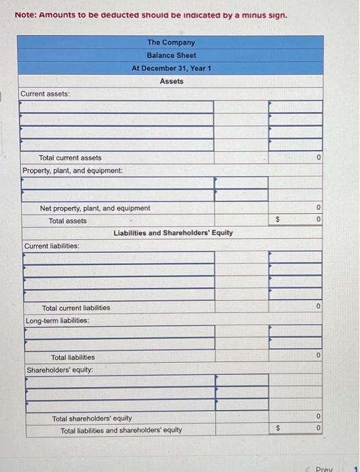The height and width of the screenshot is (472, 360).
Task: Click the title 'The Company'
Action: click(171, 42)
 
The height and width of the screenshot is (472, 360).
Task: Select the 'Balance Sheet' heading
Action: click(171, 55)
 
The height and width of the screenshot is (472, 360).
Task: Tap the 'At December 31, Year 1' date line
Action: click(171, 68)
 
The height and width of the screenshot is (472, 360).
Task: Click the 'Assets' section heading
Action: click(171, 81)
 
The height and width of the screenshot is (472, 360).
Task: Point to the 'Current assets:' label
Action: click(45, 94)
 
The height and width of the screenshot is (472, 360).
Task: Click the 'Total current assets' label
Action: click(70, 158)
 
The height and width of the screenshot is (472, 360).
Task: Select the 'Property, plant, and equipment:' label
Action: click(73, 171)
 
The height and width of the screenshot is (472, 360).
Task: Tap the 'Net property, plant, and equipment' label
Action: click(95, 208)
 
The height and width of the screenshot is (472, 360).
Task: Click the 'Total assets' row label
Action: click(67, 220)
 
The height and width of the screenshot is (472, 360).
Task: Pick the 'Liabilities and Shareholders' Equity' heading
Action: click(173, 233)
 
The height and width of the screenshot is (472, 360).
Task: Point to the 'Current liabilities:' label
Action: click(51, 246)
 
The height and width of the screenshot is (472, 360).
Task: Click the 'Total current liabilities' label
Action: click(76, 307)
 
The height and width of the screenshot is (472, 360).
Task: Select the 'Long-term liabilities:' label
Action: click(57, 320)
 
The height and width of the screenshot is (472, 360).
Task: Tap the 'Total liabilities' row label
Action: click(73, 357)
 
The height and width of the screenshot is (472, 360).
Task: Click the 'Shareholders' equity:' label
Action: click(60, 370)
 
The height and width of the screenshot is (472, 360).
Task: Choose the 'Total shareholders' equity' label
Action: click(92, 419)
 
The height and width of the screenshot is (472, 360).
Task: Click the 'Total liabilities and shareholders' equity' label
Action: click(121, 430)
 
